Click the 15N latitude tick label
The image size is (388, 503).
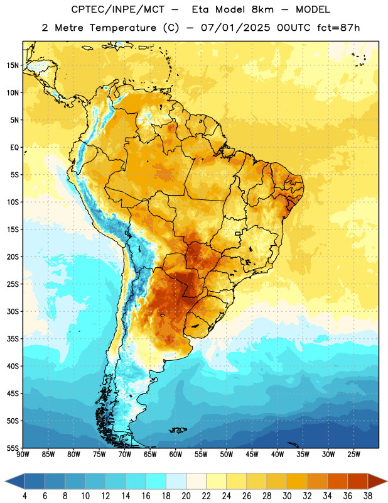13,65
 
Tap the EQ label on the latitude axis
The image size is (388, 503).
14,148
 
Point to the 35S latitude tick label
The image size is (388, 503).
13,339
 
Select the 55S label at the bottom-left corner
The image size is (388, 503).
13,448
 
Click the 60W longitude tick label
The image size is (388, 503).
176,454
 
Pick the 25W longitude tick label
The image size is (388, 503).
353,454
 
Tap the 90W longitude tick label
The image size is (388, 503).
23,454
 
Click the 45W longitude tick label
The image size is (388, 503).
252,454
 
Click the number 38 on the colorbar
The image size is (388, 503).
368,496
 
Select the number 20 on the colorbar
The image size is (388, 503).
186,496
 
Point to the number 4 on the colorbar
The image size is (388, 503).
24,496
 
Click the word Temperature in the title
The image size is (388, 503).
122,28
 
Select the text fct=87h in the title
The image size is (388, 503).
338,28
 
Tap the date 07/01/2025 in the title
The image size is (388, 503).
235,28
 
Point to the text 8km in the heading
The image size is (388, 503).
262,9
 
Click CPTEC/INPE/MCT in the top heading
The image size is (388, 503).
117,9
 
